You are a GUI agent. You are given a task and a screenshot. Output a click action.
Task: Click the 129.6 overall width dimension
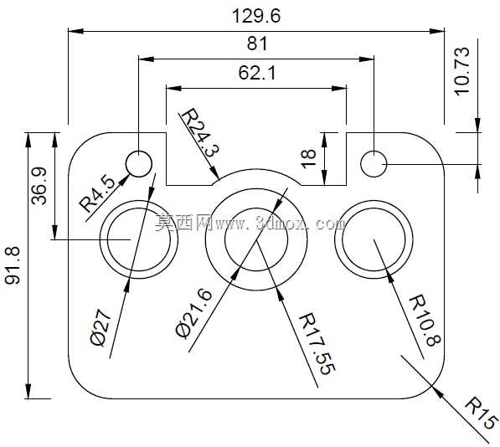tap(256, 16)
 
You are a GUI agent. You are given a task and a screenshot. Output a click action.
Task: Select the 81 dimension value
tap(257, 44)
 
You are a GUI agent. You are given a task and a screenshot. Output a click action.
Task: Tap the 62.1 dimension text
tap(257, 73)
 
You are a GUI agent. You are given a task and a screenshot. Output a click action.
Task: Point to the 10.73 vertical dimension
tap(462, 71)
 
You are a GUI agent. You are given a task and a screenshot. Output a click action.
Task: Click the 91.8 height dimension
tap(13, 265)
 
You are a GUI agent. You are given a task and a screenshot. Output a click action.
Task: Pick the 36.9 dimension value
tap(39, 186)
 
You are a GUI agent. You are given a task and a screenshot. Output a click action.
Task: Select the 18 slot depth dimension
tap(308, 158)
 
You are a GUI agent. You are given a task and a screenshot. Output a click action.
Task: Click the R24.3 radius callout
tap(200, 132)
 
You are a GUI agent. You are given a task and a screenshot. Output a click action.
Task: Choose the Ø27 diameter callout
tap(101, 327)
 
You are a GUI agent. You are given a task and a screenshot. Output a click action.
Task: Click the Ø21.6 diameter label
tap(193, 314)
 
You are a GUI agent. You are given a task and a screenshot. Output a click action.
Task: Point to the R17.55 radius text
tap(317, 343)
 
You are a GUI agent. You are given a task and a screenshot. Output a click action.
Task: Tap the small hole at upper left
tap(139, 164)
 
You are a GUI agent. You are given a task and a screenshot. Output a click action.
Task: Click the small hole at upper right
tap(374, 164)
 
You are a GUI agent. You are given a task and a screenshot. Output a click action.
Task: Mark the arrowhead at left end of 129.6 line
tap(76, 31)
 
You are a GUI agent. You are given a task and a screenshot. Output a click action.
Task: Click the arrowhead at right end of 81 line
tap(366, 59)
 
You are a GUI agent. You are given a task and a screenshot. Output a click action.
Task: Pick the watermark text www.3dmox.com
tap(280, 223)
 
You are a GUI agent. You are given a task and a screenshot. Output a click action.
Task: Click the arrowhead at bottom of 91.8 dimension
tap(28, 391)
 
